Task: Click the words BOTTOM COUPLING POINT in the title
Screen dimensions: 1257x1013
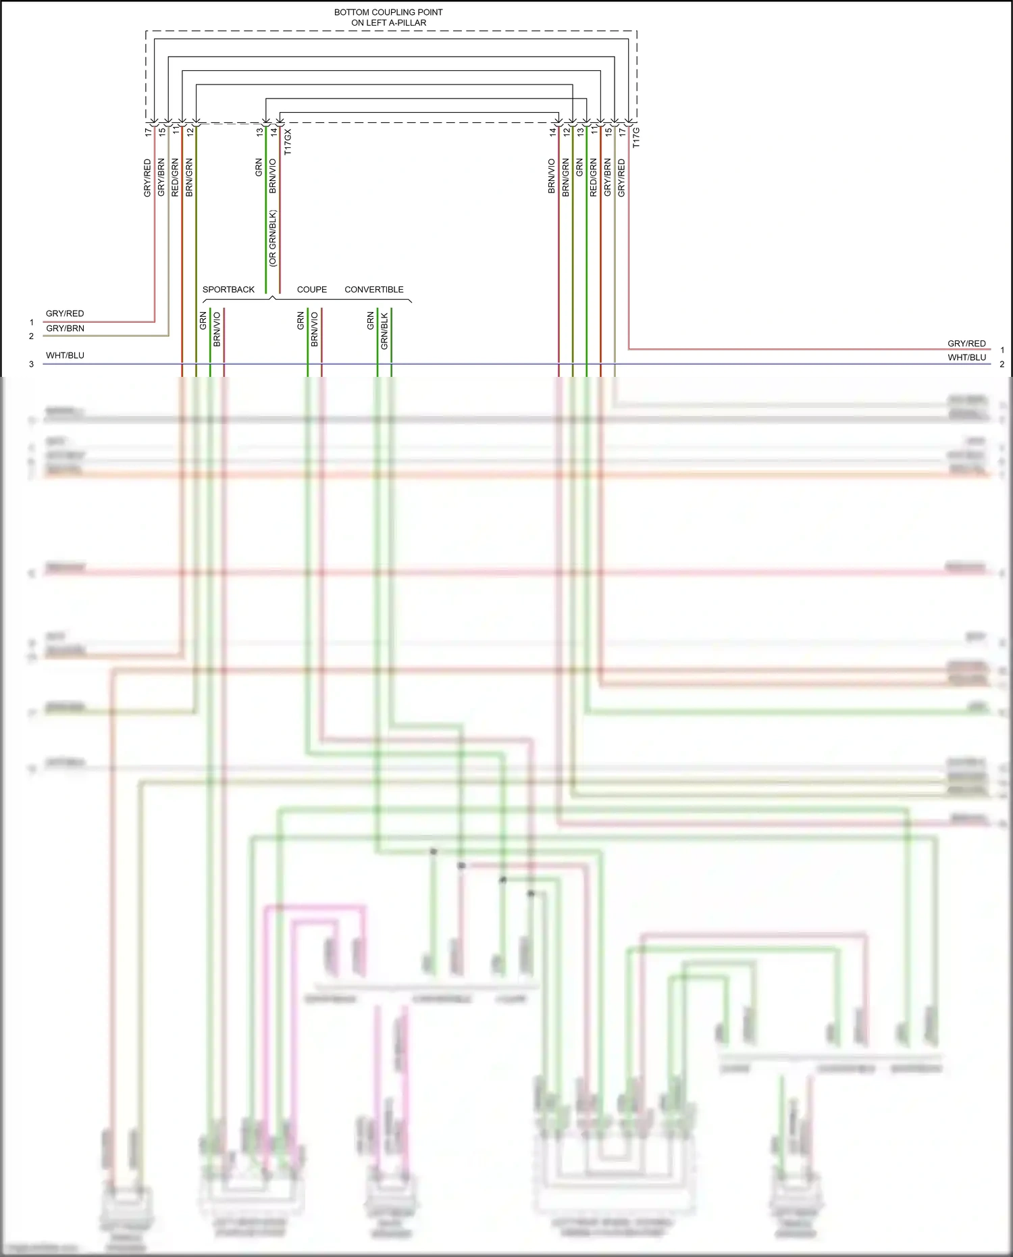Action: click(388, 12)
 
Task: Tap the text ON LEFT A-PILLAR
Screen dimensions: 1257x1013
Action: click(388, 23)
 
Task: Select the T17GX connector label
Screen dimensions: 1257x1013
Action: click(288, 143)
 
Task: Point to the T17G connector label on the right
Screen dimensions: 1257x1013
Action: click(636, 138)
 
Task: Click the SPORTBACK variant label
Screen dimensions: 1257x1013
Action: click(228, 290)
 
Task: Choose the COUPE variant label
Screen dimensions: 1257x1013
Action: click(312, 290)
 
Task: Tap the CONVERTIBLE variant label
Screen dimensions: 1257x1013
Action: click(374, 290)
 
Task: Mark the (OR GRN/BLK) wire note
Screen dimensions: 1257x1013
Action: click(273, 238)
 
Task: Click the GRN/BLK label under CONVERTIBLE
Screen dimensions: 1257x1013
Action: click(384, 331)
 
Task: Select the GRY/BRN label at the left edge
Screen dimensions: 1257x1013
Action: click(65, 329)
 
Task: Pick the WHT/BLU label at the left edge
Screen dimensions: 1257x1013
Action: click(65, 356)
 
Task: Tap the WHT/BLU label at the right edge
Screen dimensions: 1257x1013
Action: click(966, 358)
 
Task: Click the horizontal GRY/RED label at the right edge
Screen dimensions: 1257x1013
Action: click(966, 344)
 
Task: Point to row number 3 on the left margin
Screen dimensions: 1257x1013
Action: click(31, 364)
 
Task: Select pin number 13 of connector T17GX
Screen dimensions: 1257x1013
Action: click(259, 132)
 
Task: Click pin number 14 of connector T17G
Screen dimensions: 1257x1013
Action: click(552, 132)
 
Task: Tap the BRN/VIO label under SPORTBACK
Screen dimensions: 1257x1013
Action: click(217, 330)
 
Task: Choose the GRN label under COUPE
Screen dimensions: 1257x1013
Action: click(301, 321)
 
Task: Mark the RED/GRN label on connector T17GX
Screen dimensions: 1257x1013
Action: click(175, 178)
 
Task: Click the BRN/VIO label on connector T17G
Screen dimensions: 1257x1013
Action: click(552, 176)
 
